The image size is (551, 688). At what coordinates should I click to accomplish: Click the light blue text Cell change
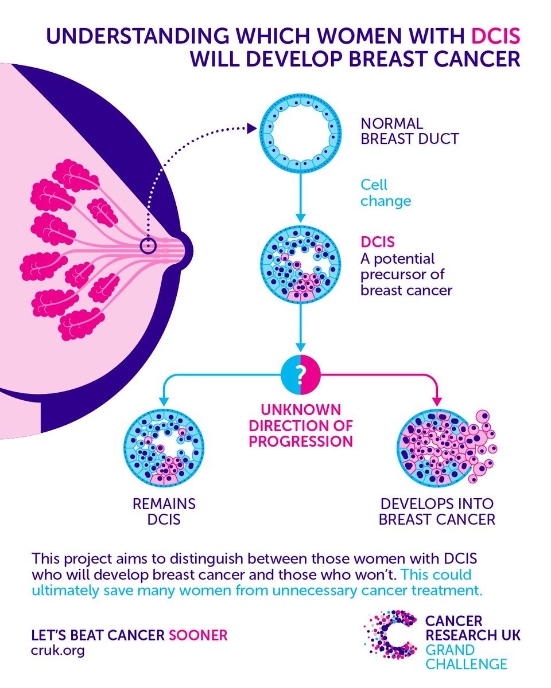[386, 193]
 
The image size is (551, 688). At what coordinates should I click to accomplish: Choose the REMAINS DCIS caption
[164, 512]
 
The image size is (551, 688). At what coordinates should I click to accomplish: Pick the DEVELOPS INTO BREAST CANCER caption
[437, 512]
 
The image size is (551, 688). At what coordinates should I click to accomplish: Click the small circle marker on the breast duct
[148, 246]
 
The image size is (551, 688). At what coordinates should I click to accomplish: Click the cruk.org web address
[57, 651]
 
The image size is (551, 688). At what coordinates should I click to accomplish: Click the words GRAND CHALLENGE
[465, 657]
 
